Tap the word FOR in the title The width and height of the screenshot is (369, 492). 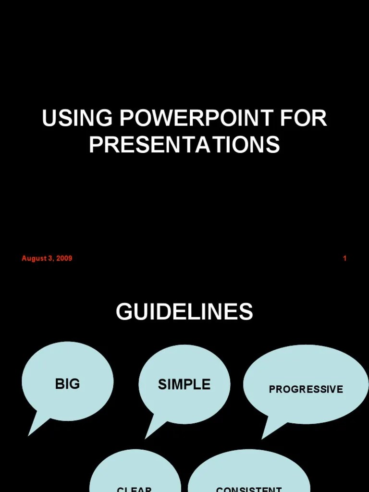pyautogui.click(x=306, y=119)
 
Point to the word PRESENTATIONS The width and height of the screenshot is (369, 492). pyautogui.click(x=184, y=145)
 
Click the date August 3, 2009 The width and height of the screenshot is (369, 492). pyautogui.click(x=47, y=258)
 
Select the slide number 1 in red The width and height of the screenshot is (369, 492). pyautogui.click(x=344, y=258)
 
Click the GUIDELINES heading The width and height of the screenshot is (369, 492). pyautogui.click(x=184, y=312)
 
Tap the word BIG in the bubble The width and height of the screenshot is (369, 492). pyautogui.click(x=67, y=384)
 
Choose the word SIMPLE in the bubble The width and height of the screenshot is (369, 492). pyautogui.click(x=184, y=384)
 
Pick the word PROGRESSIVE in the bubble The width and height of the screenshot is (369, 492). pyautogui.click(x=306, y=389)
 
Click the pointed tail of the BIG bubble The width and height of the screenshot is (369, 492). pyautogui.click(x=35, y=427)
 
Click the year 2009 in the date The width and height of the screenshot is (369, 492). pyautogui.click(x=64, y=258)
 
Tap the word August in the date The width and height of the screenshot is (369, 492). pyautogui.click(x=33, y=258)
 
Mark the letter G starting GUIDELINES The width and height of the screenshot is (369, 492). pyautogui.click(x=123, y=312)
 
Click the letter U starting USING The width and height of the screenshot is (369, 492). pyautogui.click(x=48, y=119)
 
